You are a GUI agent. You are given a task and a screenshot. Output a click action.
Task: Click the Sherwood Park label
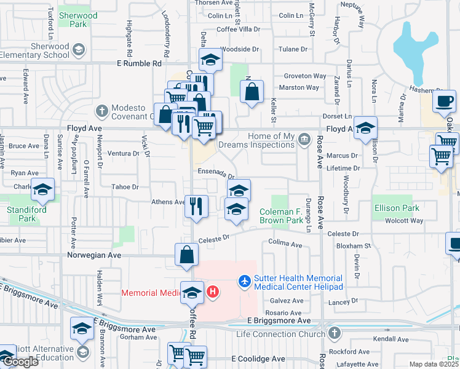[x=78, y=20]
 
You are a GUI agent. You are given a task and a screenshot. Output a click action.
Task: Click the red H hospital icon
[x=213, y=292]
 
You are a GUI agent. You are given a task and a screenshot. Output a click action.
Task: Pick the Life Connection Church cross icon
[x=334, y=334]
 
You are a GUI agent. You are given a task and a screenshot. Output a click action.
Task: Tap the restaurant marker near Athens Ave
[x=196, y=205]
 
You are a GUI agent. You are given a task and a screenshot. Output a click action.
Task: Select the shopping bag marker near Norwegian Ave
[x=186, y=255]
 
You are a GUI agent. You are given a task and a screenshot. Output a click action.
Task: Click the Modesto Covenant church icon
[x=102, y=111]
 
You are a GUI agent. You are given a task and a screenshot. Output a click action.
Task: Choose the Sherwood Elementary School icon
[x=79, y=49]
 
